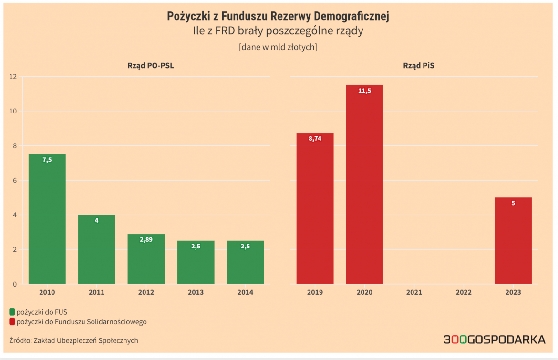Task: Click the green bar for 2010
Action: pos(47,219)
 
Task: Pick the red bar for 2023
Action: pos(513,241)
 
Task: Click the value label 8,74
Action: pos(315,139)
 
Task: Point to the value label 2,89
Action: pos(146,239)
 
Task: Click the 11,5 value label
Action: pos(364,91)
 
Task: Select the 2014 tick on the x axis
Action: pos(245,292)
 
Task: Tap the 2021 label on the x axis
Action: pos(414,292)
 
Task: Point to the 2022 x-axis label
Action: pos(464,292)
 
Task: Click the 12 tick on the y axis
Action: pos(13,77)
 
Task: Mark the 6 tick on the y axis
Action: pos(15,180)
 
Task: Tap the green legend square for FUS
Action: pos(12,312)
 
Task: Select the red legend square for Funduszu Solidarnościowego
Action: pos(12,322)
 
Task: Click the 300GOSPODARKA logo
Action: pos(494,339)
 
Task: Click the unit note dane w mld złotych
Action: pos(278,47)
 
